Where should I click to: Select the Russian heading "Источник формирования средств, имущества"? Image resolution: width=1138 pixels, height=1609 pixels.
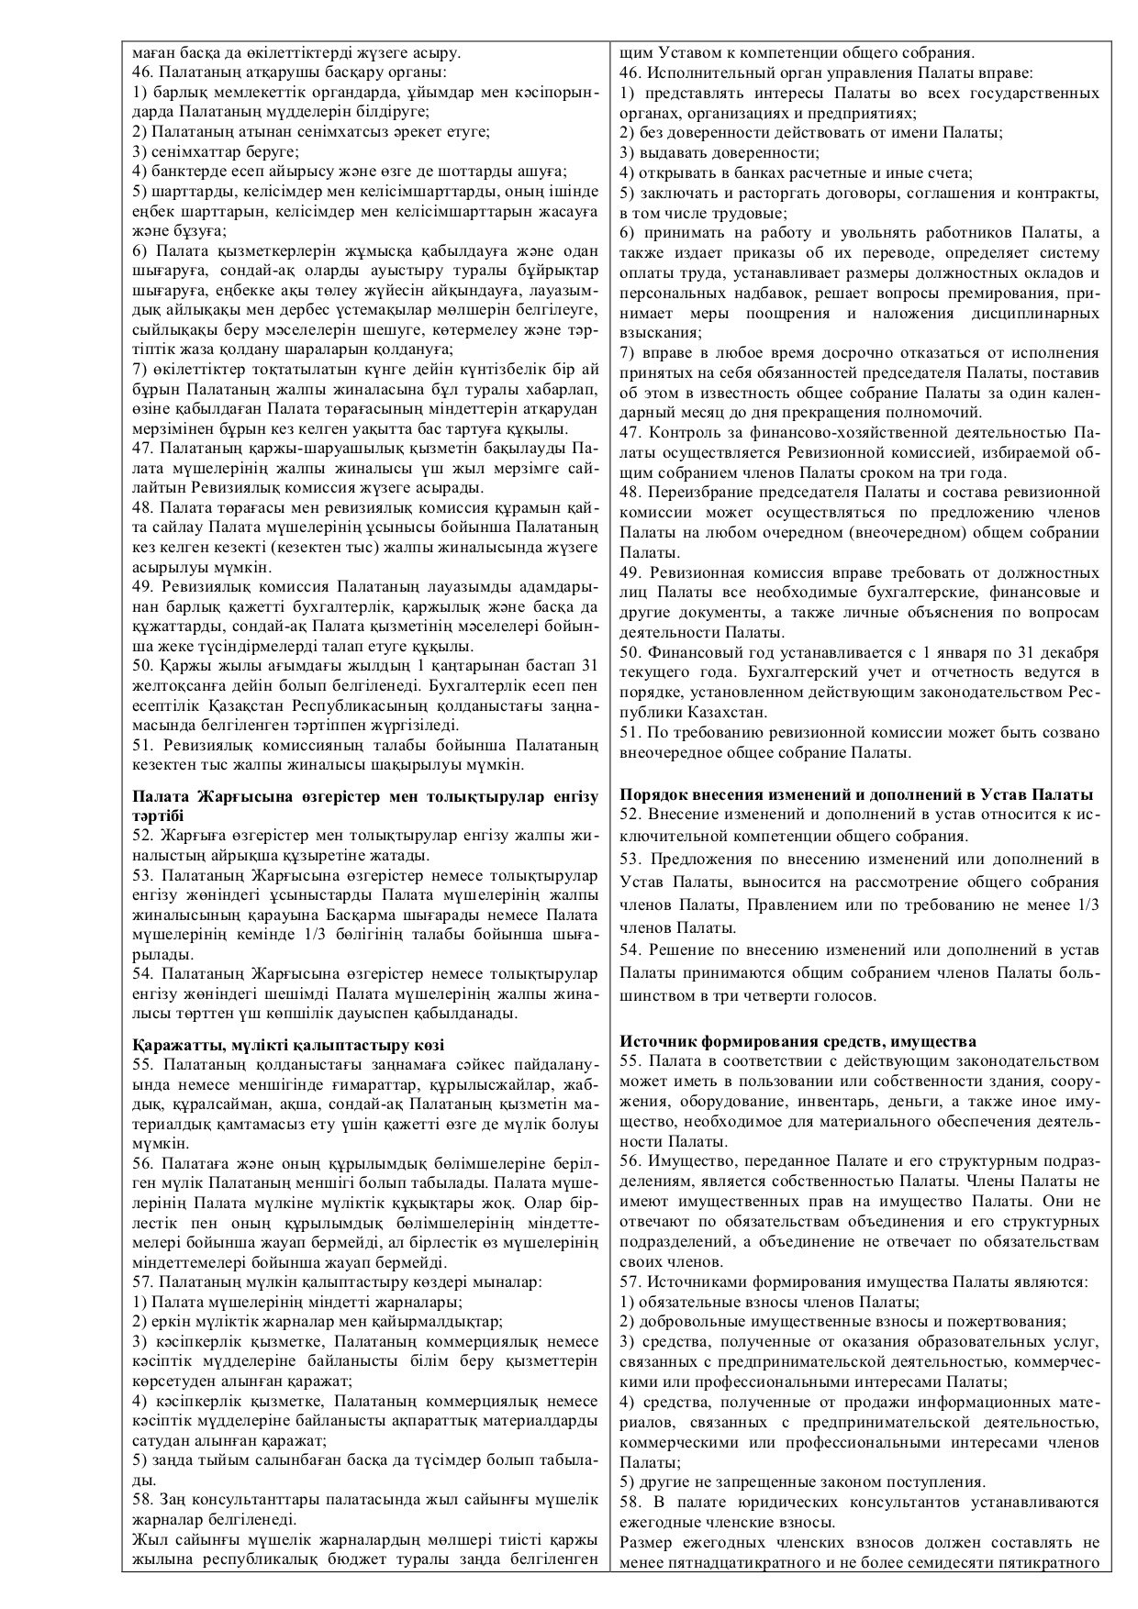798,1041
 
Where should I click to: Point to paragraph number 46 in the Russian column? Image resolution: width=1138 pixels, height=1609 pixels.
630,72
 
